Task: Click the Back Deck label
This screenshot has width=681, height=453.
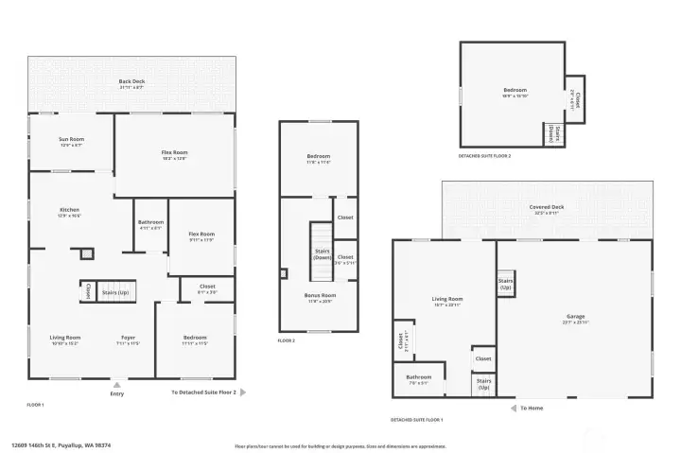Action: [131, 82]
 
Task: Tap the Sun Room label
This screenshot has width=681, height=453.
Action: [71, 141]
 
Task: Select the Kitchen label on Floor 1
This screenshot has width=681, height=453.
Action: [70, 211]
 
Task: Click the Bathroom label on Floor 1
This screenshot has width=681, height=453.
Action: [150, 224]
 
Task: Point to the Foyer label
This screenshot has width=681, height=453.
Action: [128, 339]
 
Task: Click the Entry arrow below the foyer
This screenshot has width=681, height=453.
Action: [116, 384]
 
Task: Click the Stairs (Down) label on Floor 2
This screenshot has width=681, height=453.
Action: [322, 254]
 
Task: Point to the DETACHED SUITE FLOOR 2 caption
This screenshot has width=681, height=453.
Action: [484, 156]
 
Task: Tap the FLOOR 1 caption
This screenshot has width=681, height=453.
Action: [36, 404]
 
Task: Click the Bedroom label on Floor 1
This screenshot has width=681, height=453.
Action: [195, 339]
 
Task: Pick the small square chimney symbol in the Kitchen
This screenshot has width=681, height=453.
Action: [87, 253]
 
